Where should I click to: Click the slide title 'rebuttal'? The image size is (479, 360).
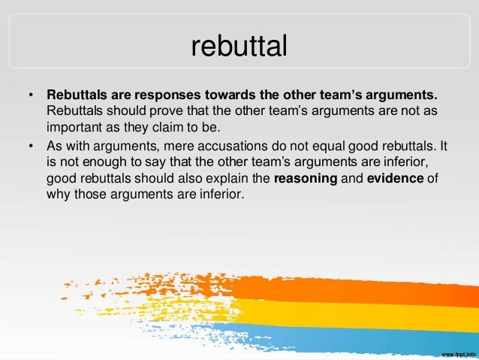coord(239,47)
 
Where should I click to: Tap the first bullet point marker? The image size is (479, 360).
coord(31,96)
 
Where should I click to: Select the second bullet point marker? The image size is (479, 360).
coord(31,147)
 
